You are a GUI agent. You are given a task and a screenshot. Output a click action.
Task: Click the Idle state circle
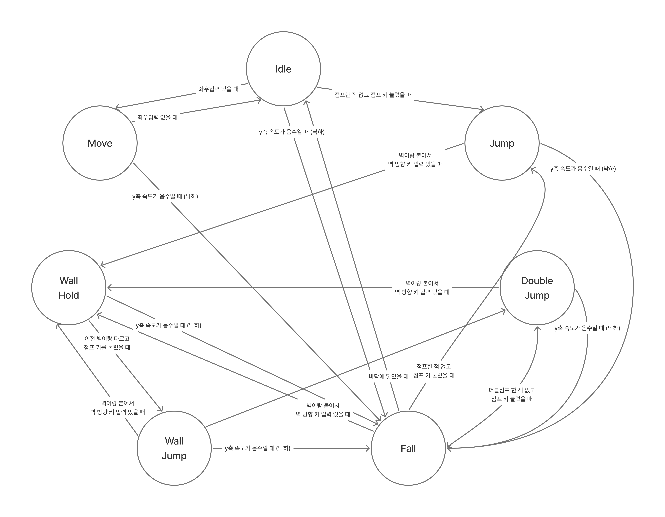283,69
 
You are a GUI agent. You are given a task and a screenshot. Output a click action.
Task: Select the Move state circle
100,143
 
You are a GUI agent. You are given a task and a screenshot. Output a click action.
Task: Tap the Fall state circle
408,448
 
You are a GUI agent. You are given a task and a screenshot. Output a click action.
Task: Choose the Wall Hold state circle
69,288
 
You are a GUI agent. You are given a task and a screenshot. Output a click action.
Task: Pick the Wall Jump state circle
174,448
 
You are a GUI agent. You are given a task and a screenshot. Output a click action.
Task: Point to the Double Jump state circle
537,288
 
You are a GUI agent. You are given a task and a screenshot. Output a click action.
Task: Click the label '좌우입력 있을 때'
218,89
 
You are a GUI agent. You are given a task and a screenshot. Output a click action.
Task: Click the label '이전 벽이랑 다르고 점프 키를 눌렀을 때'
107,343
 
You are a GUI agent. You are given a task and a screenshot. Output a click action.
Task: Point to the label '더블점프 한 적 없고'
512,390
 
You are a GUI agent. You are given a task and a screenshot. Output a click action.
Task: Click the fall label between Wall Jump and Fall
257,448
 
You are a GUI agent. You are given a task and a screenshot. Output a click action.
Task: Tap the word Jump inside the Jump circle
502,143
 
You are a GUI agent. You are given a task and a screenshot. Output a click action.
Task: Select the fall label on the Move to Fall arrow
165,196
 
